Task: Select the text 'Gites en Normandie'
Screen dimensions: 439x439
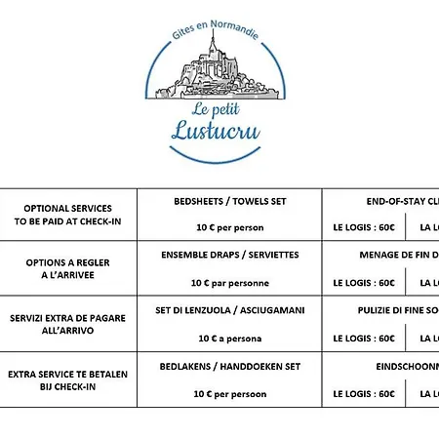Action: [218, 22]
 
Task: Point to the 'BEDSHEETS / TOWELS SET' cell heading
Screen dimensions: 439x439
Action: [229, 201]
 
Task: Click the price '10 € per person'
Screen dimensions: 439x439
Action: [229, 228]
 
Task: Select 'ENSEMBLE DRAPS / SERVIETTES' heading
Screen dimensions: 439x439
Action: [229, 256]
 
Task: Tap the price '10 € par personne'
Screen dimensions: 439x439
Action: [229, 283]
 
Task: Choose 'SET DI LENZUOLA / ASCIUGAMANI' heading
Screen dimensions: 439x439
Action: [229, 310]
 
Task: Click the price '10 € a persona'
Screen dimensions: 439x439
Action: [229, 339]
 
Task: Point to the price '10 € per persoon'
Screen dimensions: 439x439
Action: [229, 394]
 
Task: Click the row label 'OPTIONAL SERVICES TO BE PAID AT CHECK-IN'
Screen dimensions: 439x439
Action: [68, 215]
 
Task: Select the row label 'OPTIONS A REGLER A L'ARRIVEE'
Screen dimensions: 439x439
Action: [68, 269]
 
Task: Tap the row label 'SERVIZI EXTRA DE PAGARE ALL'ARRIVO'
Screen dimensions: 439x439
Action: [68, 325]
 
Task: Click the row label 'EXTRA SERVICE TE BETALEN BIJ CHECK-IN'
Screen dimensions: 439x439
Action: [68, 380]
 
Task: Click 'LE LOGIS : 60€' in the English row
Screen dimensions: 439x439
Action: [364, 228]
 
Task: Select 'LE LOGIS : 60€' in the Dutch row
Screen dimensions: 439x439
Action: [364, 394]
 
